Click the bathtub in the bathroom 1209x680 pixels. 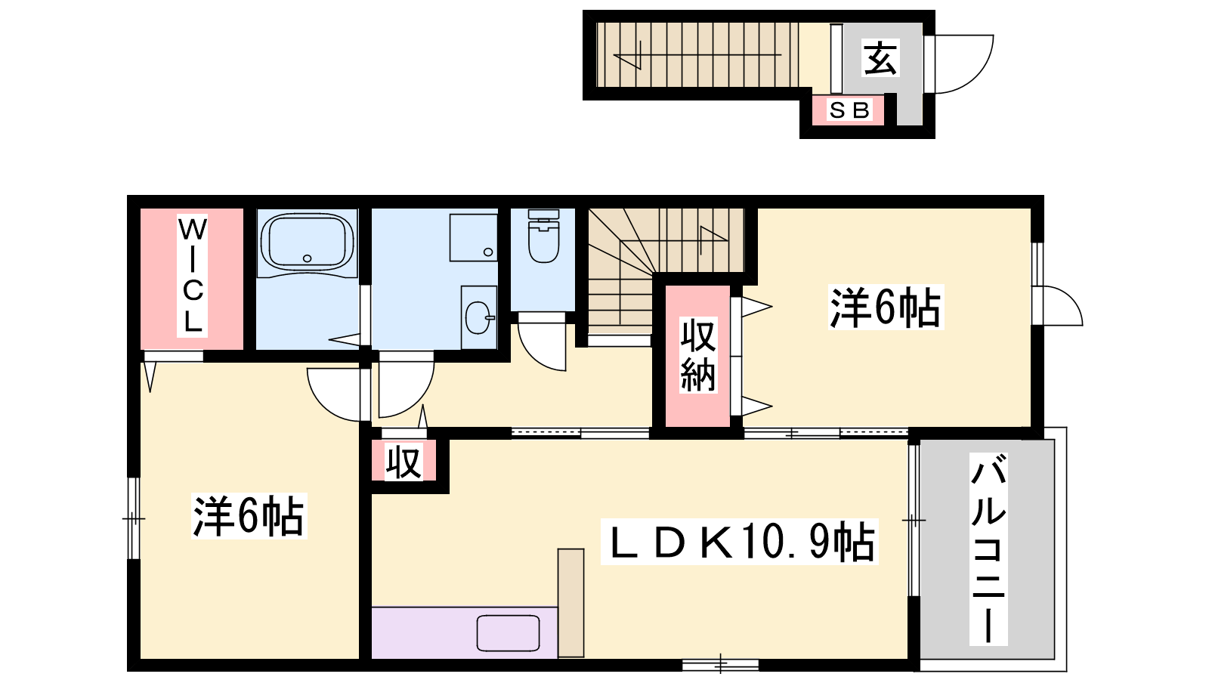tap(307, 243)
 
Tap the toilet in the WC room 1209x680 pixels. tap(543, 236)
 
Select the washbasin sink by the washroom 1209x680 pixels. tap(479, 317)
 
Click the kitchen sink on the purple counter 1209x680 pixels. tap(508, 633)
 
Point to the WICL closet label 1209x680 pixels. tap(192, 275)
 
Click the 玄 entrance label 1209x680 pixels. tap(880, 57)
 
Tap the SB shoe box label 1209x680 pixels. tap(849, 110)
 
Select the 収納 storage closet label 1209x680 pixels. tap(698, 355)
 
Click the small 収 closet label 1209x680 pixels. tap(404, 462)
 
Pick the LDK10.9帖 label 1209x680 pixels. tap(740, 541)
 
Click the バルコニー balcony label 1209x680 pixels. tap(988, 549)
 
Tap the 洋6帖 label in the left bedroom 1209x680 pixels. tap(249, 516)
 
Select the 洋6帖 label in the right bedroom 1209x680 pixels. tap(886, 307)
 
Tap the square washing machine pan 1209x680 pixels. tap(473, 237)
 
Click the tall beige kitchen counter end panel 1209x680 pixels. tap(570, 603)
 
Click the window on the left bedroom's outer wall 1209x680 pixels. tap(133, 518)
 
